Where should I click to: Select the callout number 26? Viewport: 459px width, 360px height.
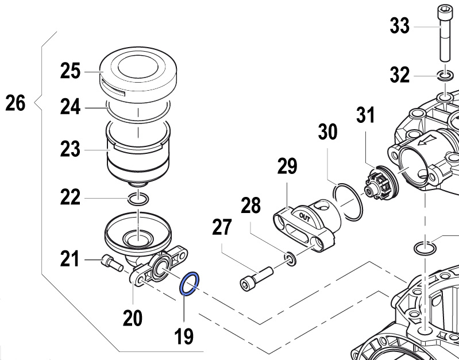pos(16,104)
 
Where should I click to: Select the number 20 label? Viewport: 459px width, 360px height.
pos(133,316)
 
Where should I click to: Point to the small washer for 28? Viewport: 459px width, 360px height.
pos(291,259)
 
